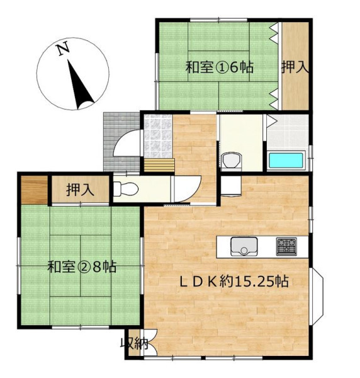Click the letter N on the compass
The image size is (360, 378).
[64, 49]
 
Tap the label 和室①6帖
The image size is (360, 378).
[219, 67]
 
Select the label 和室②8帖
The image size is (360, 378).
[82, 267]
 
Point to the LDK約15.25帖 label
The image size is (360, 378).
[234, 281]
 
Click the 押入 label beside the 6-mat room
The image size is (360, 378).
[295, 67]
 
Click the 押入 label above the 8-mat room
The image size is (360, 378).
[80, 190]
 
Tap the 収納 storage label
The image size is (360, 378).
[134, 343]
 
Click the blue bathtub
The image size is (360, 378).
[286, 161]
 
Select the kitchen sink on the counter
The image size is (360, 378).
[244, 246]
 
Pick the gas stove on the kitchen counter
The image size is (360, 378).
[286, 246]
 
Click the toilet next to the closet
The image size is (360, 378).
[125, 189]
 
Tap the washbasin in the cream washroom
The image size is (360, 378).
[231, 160]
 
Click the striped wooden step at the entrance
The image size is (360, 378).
[159, 165]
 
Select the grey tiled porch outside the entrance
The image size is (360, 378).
[121, 142]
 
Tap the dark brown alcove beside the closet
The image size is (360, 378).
[34, 190]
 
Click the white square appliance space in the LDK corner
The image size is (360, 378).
[231, 186]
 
